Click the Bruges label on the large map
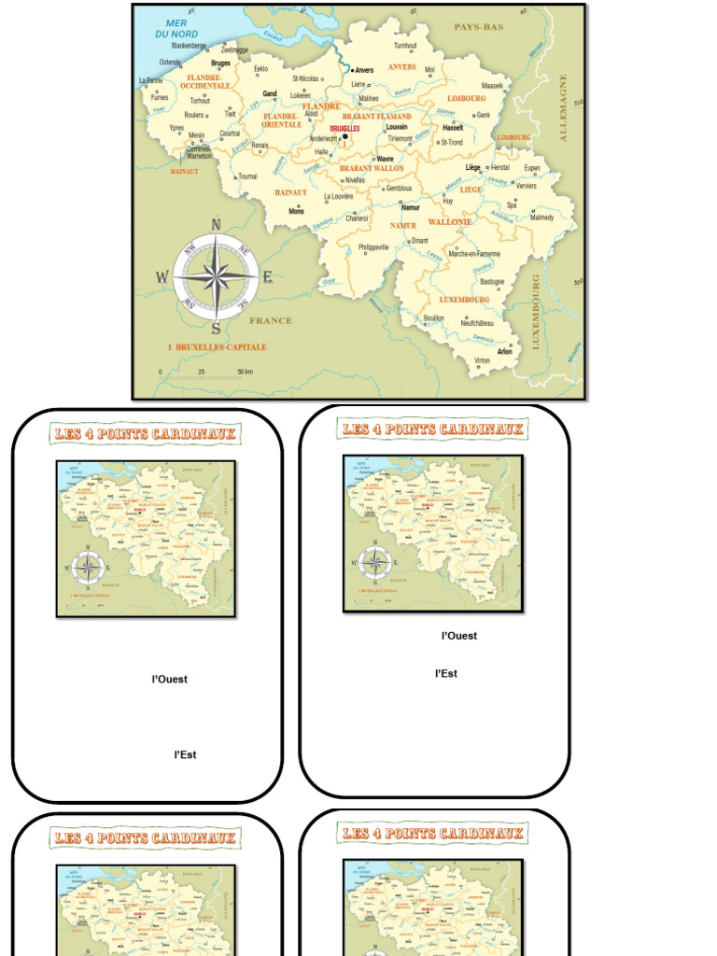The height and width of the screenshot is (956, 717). point(220,63)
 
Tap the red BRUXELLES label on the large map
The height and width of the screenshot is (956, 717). point(344,129)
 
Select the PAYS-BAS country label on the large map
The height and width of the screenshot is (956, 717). point(479,27)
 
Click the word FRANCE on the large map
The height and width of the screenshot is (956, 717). point(271,320)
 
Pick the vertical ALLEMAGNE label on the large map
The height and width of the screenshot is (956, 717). point(563,107)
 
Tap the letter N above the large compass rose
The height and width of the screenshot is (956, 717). point(216,224)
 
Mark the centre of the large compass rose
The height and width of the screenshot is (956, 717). point(216,276)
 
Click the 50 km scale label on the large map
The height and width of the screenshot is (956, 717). point(245,372)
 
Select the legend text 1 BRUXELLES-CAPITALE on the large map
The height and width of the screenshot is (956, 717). point(217,347)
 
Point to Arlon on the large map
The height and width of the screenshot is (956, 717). point(505,352)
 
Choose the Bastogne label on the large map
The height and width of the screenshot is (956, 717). point(492,281)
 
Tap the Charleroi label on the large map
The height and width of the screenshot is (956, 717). point(357,218)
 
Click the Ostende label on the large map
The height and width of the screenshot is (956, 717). point(170,63)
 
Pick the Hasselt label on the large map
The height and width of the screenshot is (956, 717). point(453,128)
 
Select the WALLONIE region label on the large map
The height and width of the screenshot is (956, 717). point(450,222)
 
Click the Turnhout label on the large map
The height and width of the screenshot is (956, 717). point(405,46)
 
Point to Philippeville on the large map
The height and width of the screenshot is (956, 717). point(373,247)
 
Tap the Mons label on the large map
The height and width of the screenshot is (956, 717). point(296,212)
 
